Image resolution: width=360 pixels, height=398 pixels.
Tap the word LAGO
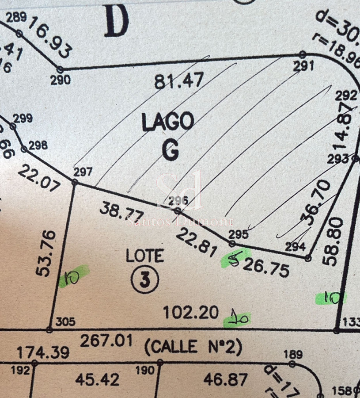click(168, 122)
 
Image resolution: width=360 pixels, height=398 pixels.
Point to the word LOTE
click(144, 256)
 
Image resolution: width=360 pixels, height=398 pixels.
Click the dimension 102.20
click(191, 313)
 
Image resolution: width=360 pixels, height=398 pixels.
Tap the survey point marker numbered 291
click(303, 54)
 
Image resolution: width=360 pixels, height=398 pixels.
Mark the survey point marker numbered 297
click(75, 182)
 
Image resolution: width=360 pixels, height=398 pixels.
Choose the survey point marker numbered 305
click(49, 330)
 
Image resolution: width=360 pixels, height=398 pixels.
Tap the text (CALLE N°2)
click(193, 347)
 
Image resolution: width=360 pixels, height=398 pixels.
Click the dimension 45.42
click(97, 379)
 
